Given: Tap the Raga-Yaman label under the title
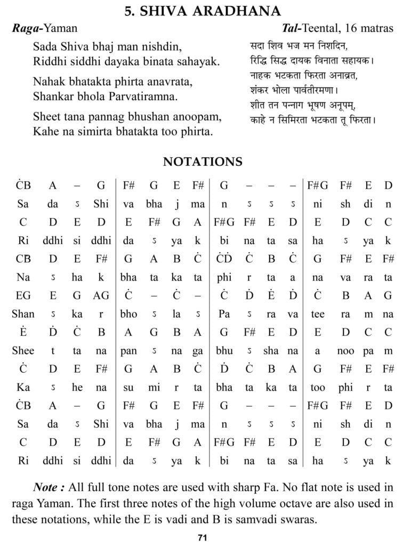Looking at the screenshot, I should (x=44, y=28).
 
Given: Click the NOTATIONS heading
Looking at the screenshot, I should (x=203, y=162).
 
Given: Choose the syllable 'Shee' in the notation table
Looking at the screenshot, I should (x=23, y=350).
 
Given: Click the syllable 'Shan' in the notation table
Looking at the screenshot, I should (x=23, y=314).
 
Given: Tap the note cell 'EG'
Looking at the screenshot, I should (x=23, y=295).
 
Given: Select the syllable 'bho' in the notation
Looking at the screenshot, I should (x=128, y=314).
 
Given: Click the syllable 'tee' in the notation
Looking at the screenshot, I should (x=318, y=314).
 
